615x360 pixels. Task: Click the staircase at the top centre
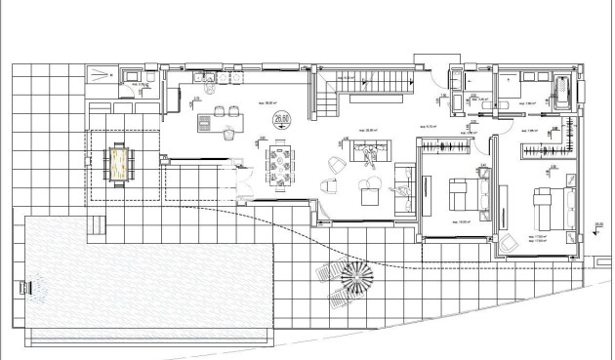pyautogui.click(x=371, y=87)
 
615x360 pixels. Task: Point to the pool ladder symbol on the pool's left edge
pyautogui.click(x=26, y=287)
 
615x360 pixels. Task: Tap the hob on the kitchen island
pyautogui.click(x=205, y=122)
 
